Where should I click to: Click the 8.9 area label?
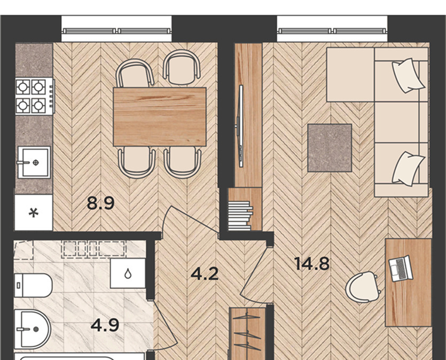pos(101,204)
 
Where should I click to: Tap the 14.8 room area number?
pos(312,264)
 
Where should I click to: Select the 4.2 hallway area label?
pos(205,274)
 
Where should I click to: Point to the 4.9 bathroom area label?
pos(105,325)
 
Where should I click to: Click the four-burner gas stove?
pos(35,96)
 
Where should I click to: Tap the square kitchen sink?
pos(34,162)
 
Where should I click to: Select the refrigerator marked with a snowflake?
pos(34,212)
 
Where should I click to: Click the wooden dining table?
pos(160,117)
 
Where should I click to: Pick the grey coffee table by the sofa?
pos(330,148)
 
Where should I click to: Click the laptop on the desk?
pos(401,269)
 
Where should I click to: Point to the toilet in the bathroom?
pos(33,286)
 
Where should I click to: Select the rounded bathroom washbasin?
pos(33,330)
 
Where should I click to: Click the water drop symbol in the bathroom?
pos(128,273)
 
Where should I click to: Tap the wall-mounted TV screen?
pos(241,126)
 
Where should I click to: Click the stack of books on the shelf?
pos(240,216)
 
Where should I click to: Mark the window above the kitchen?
pos(116,31)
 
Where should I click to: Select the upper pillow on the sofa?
pos(408,75)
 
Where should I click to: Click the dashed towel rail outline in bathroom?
pos(95,248)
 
